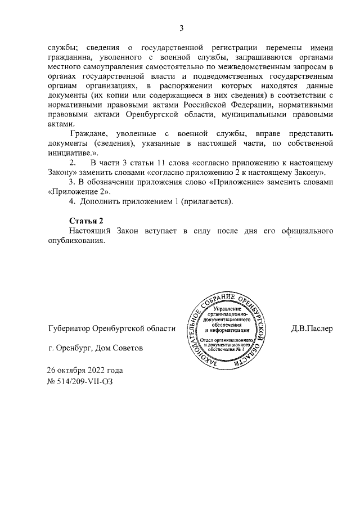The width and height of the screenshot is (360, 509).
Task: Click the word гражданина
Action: (71, 57)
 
